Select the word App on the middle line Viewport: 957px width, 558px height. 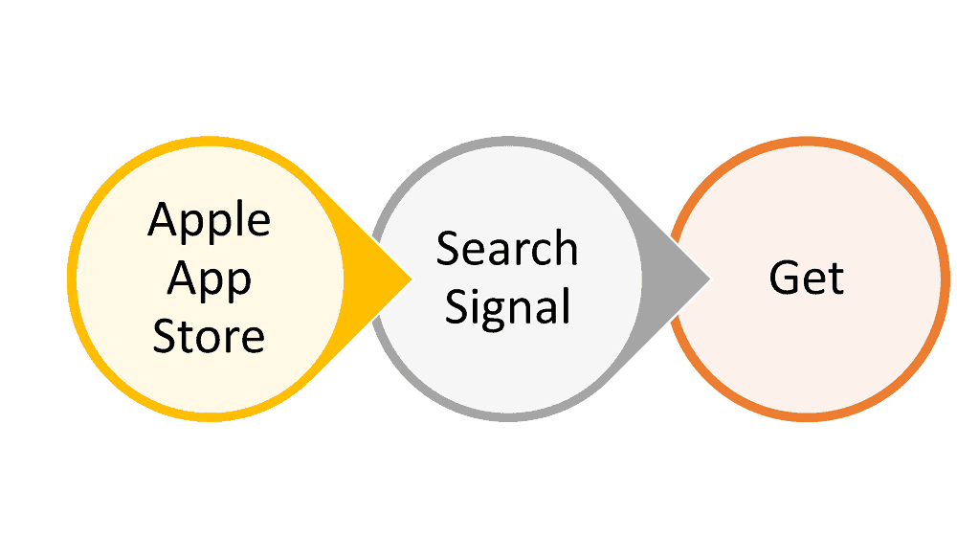[x=210, y=280]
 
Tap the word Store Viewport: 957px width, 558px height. [x=209, y=336]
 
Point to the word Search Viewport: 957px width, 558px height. [x=507, y=248]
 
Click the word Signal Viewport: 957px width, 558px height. [x=508, y=308]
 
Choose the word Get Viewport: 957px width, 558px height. [x=807, y=278]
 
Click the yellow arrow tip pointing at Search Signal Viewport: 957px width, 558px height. [x=412, y=279]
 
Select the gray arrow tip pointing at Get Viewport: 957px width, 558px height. [x=710, y=279]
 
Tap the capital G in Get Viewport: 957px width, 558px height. [x=784, y=278]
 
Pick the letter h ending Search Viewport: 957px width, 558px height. [x=566, y=248]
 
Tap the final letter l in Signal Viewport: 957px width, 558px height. [x=568, y=304]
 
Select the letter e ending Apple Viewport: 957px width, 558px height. [x=258, y=223]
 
